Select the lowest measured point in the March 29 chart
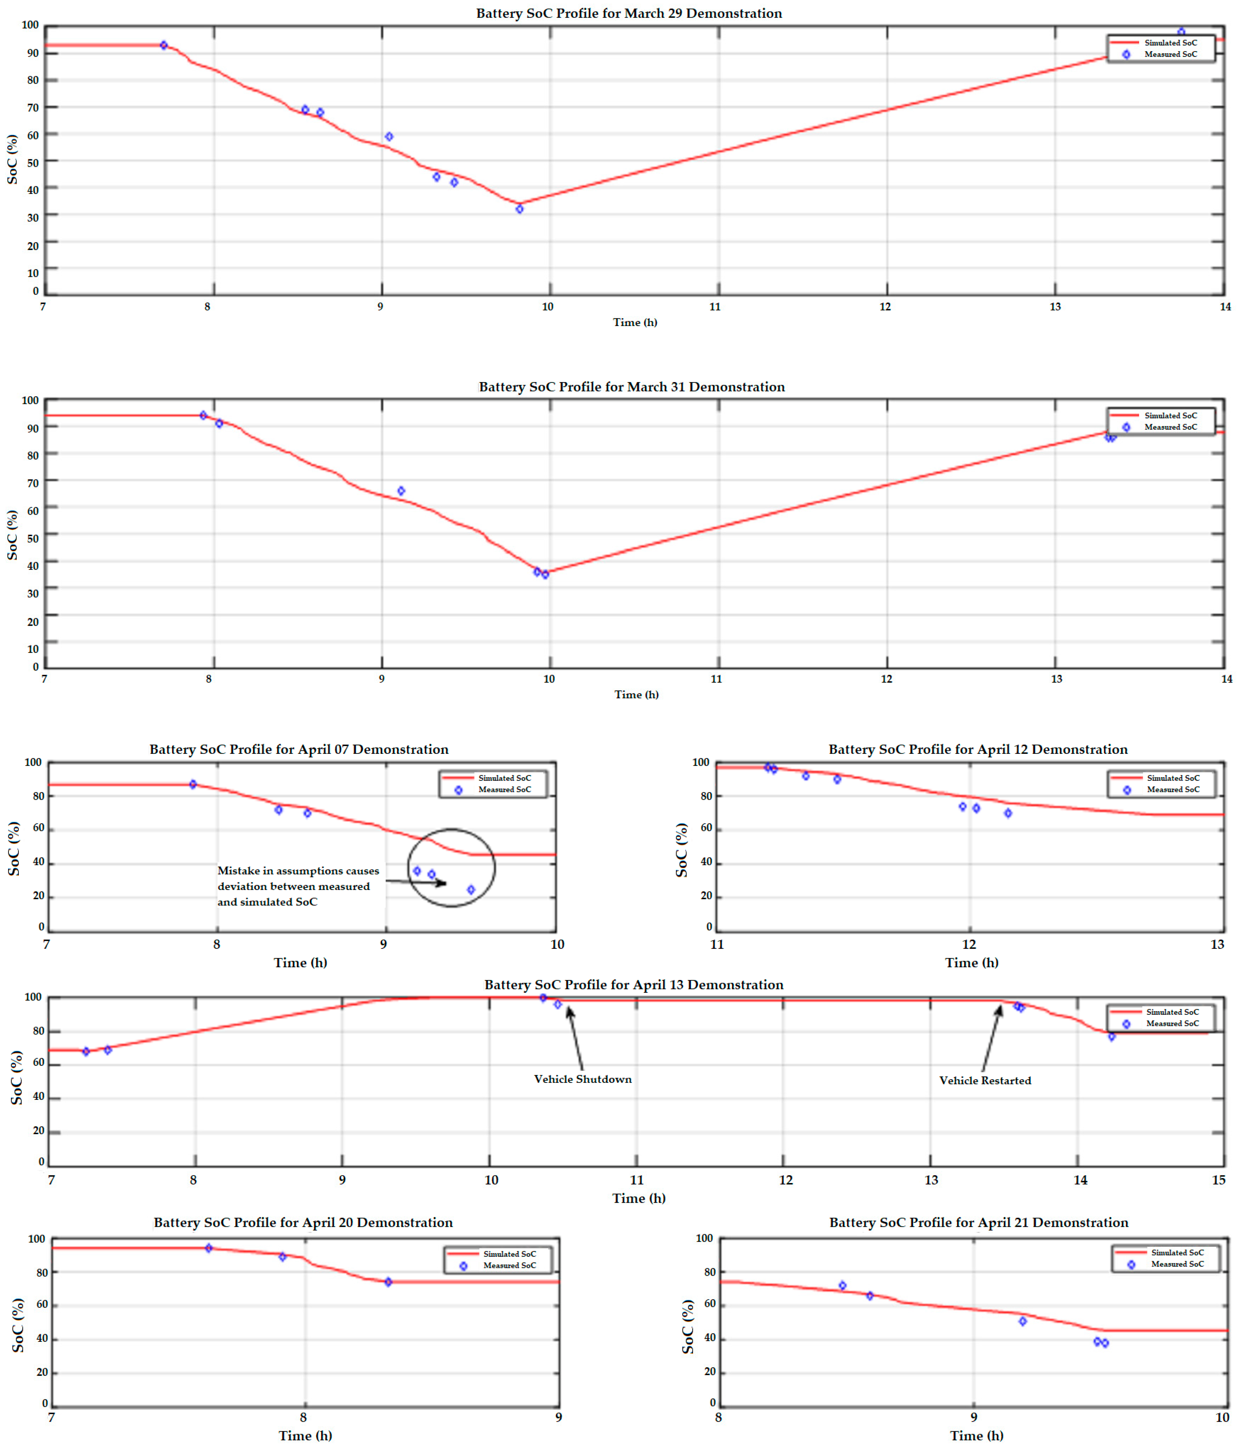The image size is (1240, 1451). (520, 209)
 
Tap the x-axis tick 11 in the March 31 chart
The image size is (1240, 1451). (716, 679)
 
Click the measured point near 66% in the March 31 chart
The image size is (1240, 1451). (401, 491)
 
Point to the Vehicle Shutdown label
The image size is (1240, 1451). (583, 1079)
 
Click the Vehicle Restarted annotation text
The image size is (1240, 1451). (984, 1081)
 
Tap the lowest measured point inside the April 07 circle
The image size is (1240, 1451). (471, 890)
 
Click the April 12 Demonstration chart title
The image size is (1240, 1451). (977, 749)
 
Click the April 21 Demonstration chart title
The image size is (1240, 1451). (978, 1223)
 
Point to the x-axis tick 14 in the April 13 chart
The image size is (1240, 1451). (1080, 1180)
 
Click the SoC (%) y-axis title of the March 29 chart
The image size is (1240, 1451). (12, 160)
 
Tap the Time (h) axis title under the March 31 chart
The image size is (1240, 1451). (636, 695)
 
